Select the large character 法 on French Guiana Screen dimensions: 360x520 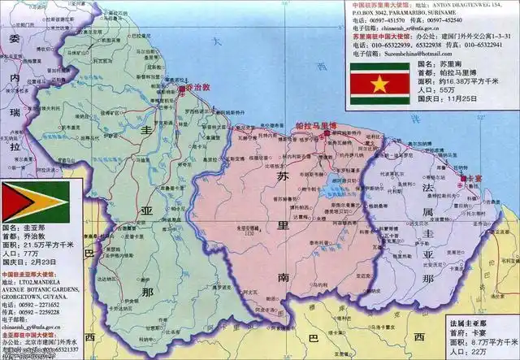tap(429, 189)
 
